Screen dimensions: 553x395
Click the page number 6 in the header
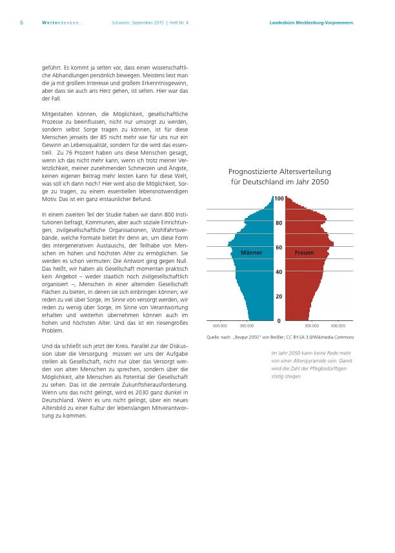coord(21,23)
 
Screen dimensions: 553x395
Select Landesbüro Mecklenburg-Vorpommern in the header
coord(311,23)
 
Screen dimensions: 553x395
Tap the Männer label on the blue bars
coord(251,253)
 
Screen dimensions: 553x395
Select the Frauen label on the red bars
coord(305,253)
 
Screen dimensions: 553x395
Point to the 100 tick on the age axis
coord(279,199)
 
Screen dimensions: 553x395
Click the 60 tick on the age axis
coord(279,247)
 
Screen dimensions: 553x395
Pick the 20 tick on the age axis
coord(279,296)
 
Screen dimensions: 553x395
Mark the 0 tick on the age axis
coord(279,320)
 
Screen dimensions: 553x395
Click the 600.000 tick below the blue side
coord(219,326)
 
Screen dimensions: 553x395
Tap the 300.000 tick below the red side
coord(311,326)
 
